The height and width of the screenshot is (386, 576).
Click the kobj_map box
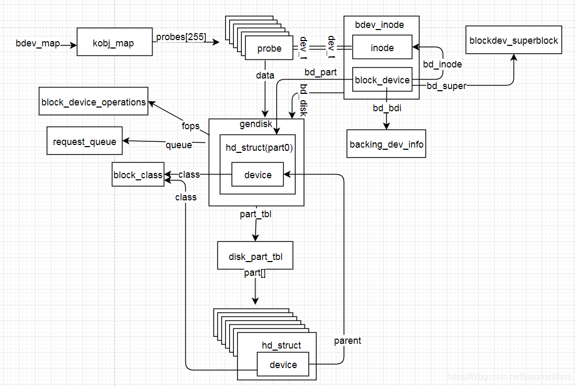pos(115,43)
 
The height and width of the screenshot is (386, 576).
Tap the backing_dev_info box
pos(386,144)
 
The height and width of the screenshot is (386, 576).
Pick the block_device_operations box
pos(93,101)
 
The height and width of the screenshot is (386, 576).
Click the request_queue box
pos(84,141)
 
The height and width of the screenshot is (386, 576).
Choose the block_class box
pos(138,175)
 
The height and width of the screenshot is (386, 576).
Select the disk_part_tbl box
pos(256,256)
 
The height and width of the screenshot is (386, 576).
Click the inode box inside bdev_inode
pos(382,47)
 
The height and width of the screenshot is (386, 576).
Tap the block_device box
pos(382,80)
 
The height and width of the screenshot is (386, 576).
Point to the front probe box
pos(269,49)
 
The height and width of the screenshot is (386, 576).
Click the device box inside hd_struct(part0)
pos(258,175)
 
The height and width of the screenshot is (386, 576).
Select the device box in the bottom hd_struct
pos(283,364)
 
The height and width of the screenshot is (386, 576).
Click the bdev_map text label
pos(38,43)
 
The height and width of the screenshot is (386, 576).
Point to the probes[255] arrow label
pos(181,37)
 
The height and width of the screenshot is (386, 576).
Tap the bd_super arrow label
pos(447,85)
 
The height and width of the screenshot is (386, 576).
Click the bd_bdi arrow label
pos(386,108)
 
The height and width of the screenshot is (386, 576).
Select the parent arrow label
pos(347,341)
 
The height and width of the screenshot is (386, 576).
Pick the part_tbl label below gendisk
pos(256,214)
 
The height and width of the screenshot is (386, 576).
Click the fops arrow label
pos(191,126)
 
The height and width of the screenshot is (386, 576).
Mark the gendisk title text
pos(256,124)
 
